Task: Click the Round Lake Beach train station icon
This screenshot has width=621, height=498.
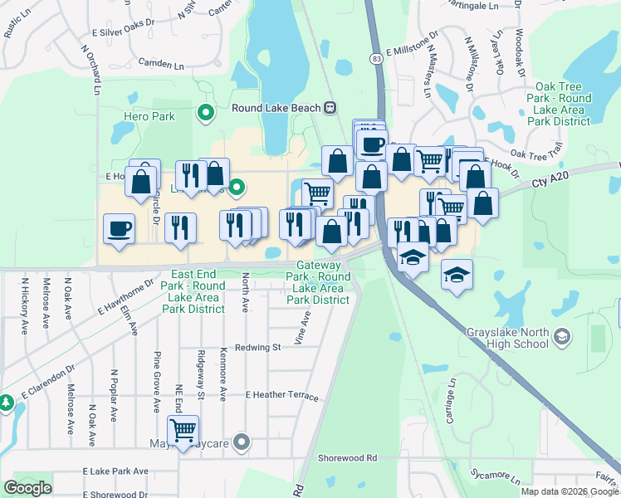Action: (330, 107)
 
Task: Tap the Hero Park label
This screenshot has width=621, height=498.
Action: (149, 116)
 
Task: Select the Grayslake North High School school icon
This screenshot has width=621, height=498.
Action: (563, 336)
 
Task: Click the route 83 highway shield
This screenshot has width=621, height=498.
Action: (377, 59)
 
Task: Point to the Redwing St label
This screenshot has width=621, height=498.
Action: (257, 348)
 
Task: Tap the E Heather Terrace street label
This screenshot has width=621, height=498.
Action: (281, 397)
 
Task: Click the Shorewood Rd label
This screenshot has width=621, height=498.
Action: (347, 457)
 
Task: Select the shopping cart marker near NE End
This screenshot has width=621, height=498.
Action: (183, 430)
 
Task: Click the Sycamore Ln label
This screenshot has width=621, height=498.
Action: (495, 480)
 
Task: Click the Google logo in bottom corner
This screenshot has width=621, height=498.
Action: (27, 487)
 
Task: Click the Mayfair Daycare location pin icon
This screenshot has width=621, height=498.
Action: (242, 442)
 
